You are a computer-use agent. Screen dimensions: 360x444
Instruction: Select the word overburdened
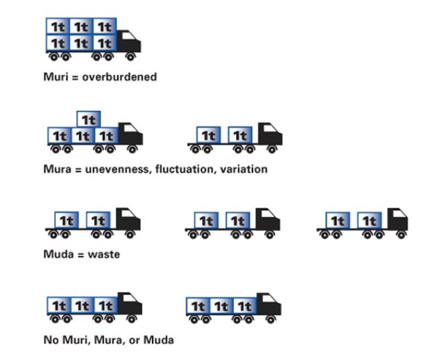click(120, 77)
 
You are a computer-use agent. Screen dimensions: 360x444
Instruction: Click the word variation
click(242, 169)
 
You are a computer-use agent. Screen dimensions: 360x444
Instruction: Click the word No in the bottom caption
click(52, 340)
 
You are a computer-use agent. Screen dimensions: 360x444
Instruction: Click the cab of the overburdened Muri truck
click(128, 42)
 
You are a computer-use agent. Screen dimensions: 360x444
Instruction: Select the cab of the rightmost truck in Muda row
click(397, 219)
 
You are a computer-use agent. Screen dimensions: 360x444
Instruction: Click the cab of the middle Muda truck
click(266, 219)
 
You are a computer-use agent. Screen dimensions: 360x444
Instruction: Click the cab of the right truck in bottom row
click(268, 305)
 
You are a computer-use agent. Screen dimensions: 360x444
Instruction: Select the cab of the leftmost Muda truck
click(128, 219)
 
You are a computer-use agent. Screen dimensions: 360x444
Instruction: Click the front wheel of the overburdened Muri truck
click(131, 58)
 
